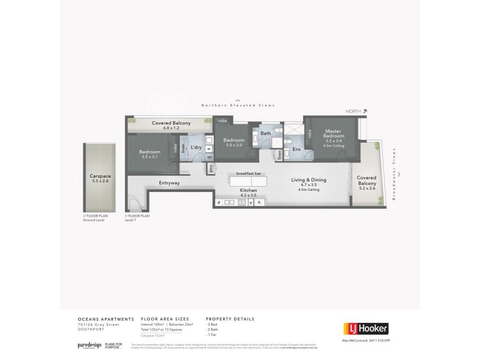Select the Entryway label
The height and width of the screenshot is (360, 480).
tap(169, 183)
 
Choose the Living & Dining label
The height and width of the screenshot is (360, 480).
tap(308, 180)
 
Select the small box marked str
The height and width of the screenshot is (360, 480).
tap(209, 158)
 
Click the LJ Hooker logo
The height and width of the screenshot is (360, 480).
tap(365, 328)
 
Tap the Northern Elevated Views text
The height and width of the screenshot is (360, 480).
tap(238, 105)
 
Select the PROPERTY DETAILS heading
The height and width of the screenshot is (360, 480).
tap(230, 319)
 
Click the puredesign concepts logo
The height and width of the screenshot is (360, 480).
tap(88, 346)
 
